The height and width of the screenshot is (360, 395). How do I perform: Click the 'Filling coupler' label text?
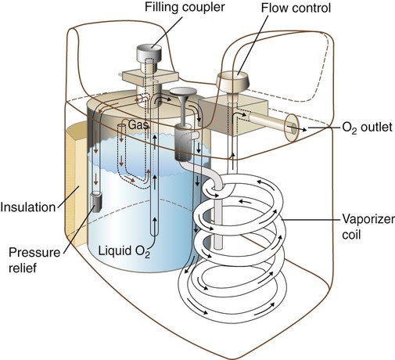tap(185, 7)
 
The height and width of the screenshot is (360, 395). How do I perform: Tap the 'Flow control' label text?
tap(296, 8)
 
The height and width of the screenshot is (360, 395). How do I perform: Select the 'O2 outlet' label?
tap(367, 128)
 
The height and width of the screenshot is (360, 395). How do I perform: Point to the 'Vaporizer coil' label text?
tap(368, 227)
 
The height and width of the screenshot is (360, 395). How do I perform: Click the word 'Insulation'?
tap(28, 207)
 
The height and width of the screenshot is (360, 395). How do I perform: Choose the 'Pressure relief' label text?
tap(34, 260)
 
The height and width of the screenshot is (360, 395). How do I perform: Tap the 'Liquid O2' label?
tap(124, 251)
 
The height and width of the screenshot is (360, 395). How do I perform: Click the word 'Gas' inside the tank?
tap(138, 125)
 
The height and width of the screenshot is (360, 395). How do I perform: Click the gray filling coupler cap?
tap(149, 52)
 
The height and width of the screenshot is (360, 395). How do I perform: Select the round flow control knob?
tap(233, 80)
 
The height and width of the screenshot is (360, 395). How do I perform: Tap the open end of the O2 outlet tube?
tap(292, 128)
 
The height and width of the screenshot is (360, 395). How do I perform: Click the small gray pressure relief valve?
tap(95, 202)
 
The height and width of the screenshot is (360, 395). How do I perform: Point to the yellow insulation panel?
tap(76, 185)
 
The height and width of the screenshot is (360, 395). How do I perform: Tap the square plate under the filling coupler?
tap(150, 77)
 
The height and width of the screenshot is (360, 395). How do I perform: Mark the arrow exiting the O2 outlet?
tap(303, 128)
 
